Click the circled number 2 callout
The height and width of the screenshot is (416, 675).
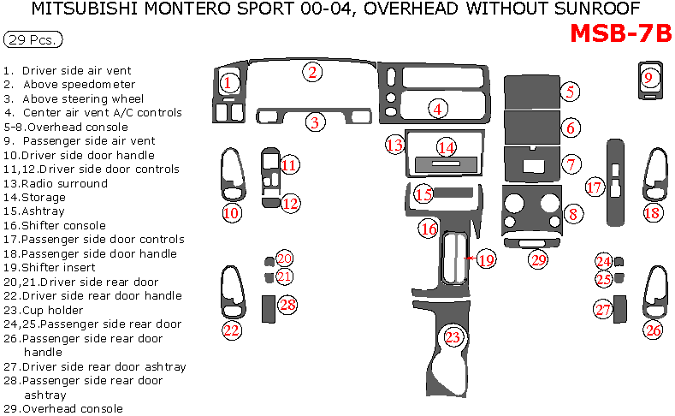click(x=314, y=72)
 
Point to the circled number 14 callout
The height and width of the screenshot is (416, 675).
click(x=446, y=148)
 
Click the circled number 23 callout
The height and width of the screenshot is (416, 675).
click(x=453, y=337)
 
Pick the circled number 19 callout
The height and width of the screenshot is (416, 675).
click(x=486, y=259)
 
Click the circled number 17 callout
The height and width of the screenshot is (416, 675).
click(x=595, y=187)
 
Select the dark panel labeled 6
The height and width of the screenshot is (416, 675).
click(x=531, y=127)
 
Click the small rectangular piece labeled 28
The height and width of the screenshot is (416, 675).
click(x=267, y=307)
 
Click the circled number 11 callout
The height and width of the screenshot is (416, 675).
click(x=289, y=164)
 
